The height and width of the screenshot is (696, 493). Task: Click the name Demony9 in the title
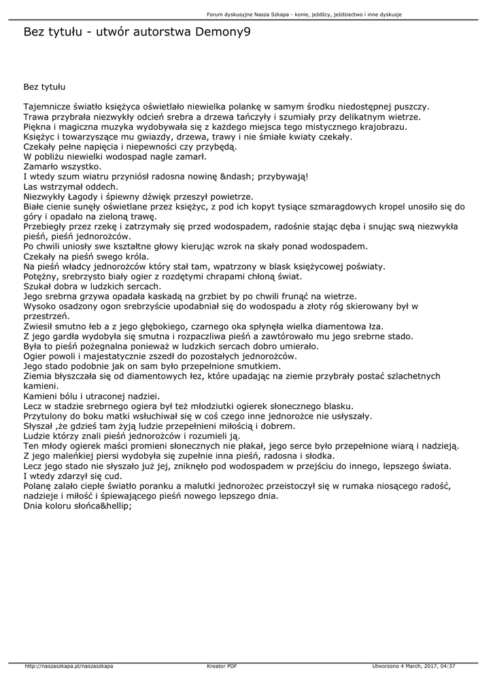[217, 31]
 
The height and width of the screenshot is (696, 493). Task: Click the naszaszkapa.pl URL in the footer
[68, 666]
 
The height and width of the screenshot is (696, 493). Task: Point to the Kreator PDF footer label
[222, 666]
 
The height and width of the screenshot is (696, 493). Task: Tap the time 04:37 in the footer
[447, 666]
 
